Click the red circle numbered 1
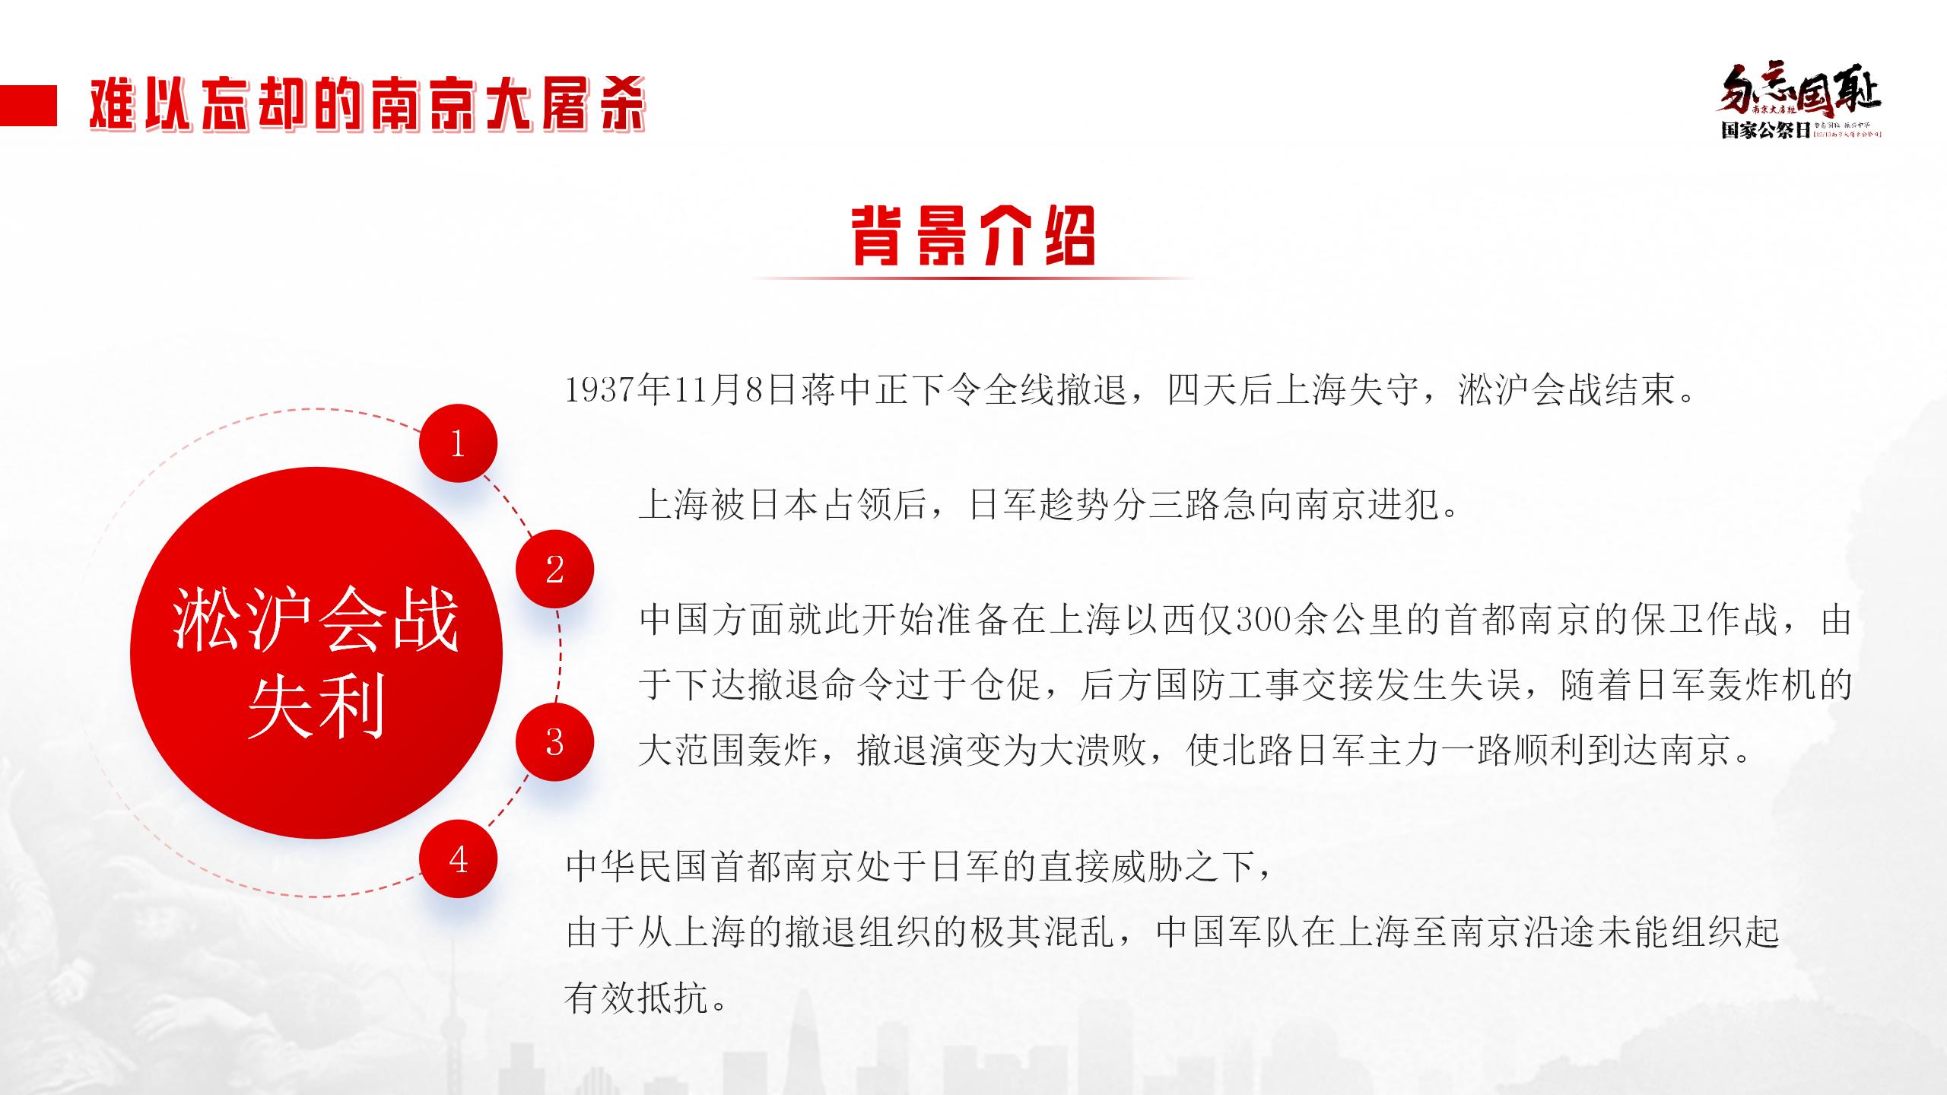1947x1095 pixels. [458, 443]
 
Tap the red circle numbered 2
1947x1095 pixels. [554, 569]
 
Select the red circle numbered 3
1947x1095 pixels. [554, 741]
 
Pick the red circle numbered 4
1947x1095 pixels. [458, 859]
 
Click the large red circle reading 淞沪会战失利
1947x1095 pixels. [316, 652]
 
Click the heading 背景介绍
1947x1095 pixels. [973, 236]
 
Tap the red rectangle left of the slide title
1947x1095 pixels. [28, 106]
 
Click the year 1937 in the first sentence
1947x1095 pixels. [601, 391]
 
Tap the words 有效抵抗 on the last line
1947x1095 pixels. [636, 998]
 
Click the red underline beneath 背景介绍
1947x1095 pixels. [973, 278]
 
